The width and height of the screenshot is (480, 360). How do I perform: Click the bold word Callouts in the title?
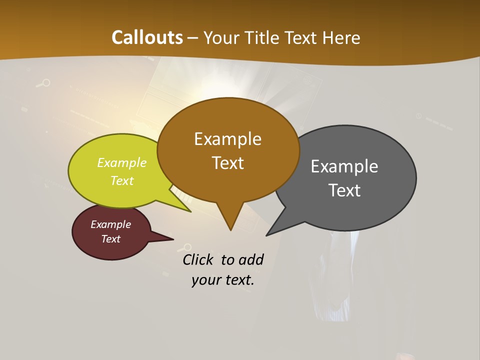click(147, 37)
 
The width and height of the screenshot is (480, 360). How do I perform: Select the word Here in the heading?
click(342, 38)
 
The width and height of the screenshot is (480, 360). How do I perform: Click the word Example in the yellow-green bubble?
click(121, 162)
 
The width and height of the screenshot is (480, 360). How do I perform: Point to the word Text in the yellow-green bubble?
click(121, 180)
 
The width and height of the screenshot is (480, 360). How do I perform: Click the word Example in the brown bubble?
click(227, 139)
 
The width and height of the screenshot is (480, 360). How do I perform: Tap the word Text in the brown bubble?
click(227, 162)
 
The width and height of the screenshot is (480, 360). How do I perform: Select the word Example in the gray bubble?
click(344, 166)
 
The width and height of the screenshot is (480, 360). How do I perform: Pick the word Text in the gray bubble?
click(344, 190)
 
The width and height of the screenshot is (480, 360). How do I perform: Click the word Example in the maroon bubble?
click(110, 224)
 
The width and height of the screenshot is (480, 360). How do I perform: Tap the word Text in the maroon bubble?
click(110, 239)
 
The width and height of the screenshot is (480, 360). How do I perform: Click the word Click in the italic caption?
click(199, 259)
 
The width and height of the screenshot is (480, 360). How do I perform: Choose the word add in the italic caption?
click(251, 259)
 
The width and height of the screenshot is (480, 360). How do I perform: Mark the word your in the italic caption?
click(205, 280)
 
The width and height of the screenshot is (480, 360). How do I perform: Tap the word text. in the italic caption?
click(238, 280)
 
